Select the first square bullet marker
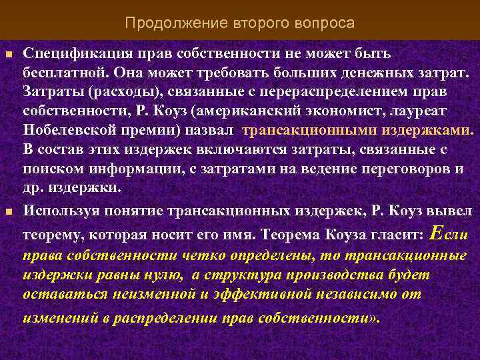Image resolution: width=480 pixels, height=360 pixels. tap(9, 54)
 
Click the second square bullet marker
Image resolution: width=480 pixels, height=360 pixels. tap(9, 213)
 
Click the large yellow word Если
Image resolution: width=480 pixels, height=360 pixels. tap(450, 234)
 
